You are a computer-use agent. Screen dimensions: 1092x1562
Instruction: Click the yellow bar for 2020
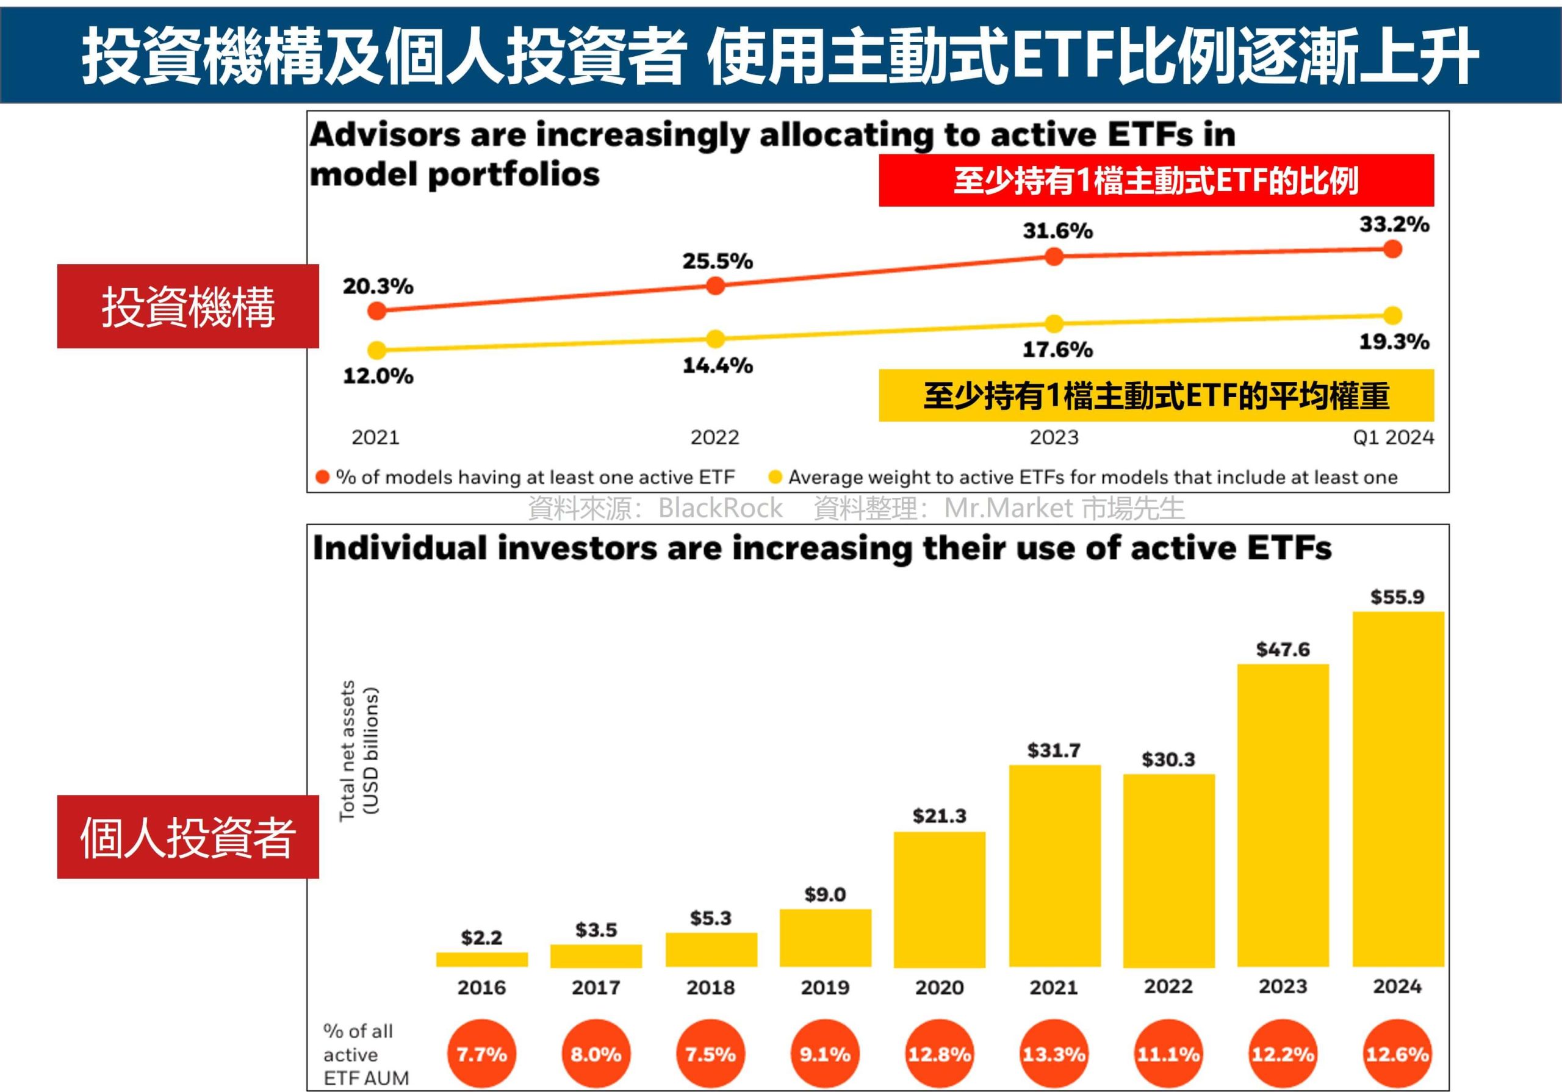pyautogui.click(x=940, y=899)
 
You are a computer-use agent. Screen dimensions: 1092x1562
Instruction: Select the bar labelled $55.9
pyautogui.click(x=1398, y=789)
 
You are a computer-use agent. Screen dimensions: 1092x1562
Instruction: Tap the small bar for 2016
pyautogui.click(x=481, y=960)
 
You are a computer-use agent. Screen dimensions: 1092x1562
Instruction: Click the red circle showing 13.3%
pyautogui.click(x=1054, y=1054)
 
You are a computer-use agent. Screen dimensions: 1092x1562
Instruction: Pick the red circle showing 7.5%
pyautogui.click(x=710, y=1054)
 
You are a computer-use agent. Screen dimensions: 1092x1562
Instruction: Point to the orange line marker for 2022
pyautogui.click(x=715, y=286)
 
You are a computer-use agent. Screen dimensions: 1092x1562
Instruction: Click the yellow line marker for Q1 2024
pyautogui.click(x=1392, y=315)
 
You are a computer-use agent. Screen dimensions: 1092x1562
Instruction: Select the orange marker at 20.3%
pyautogui.click(x=377, y=311)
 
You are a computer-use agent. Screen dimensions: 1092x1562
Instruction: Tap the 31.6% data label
pyautogui.click(x=1058, y=231)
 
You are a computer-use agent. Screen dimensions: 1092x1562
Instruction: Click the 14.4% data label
pyautogui.click(x=718, y=365)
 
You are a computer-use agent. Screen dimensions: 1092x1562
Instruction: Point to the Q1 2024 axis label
pyautogui.click(x=1392, y=437)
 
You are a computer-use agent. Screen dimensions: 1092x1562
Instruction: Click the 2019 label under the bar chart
pyautogui.click(x=824, y=987)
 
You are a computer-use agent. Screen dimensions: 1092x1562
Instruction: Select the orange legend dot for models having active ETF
pyautogui.click(x=323, y=477)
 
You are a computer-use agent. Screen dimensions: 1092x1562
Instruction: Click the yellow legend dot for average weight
pyautogui.click(x=774, y=477)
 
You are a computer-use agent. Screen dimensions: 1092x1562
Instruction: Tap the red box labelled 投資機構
pyautogui.click(x=188, y=306)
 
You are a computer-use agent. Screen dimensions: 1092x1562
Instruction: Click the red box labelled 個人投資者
pyautogui.click(x=188, y=836)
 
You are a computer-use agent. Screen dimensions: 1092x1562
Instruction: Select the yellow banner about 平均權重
pyautogui.click(x=1156, y=395)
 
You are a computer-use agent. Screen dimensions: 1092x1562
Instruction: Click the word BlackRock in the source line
pyautogui.click(x=720, y=508)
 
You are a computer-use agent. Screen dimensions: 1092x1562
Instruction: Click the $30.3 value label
pyautogui.click(x=1168, y=760)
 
